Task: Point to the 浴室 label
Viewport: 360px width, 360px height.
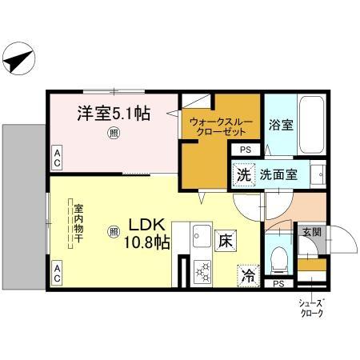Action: (x=279, y=125)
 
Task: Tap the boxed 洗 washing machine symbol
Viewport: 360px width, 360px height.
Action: (x=242, y=174)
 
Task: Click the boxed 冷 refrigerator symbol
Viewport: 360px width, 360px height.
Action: (x=248, y=277)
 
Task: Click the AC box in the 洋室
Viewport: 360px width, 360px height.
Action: (x=58, y=158)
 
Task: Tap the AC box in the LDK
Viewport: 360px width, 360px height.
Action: (x=58, y=274)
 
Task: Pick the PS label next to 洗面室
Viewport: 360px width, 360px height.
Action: (x=245, y=150)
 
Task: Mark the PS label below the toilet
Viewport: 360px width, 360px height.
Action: (x=278, y=284)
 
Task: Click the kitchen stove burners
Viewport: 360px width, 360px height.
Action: (x=201, y=272)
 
